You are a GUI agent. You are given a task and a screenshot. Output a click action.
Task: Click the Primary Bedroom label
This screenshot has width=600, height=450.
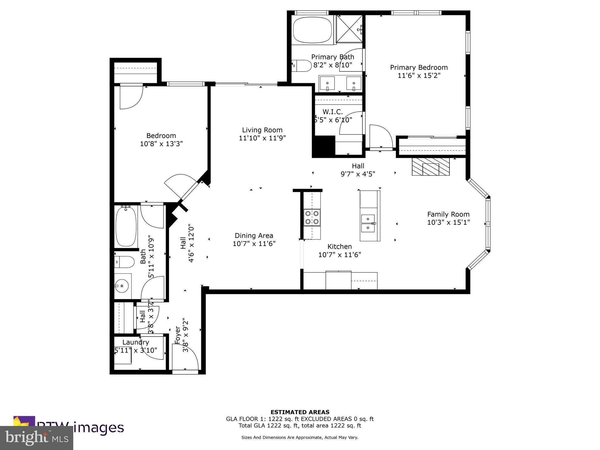[419, 67]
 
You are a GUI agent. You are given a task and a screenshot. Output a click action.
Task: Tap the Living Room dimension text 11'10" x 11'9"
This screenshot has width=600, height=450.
[262, 138]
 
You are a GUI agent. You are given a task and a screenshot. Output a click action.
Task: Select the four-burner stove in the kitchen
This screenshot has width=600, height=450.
[312, 217]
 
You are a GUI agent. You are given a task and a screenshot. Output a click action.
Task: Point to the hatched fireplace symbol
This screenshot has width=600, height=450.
[431, 167]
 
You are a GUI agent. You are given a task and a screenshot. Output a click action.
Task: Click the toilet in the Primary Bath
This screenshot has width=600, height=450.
[302, 66]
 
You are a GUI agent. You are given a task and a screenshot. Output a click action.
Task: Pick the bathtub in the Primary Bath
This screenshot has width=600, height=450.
[312, 30]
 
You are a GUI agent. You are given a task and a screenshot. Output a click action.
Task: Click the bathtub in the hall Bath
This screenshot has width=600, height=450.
[126, 226]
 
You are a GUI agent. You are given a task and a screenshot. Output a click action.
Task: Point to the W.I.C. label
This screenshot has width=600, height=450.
[333, 112]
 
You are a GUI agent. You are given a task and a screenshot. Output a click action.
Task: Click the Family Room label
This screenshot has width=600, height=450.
[448, 214]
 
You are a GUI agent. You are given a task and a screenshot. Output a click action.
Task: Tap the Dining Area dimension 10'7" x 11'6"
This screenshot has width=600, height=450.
[254, 243]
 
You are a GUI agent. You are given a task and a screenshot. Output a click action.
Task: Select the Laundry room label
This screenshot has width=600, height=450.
[136, 342]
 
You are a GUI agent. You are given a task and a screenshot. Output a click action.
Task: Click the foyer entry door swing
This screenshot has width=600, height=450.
[185, 357]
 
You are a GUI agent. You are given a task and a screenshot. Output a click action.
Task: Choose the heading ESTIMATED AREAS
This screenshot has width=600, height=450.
[300, 412]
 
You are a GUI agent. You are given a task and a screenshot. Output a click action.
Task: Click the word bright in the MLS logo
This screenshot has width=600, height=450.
[26, 437]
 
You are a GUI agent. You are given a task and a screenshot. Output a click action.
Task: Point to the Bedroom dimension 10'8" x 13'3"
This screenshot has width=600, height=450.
[161, 144]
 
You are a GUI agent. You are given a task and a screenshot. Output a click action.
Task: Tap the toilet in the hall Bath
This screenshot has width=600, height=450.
[125, 262]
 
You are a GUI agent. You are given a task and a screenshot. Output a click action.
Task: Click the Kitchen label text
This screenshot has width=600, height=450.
[340, 246]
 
